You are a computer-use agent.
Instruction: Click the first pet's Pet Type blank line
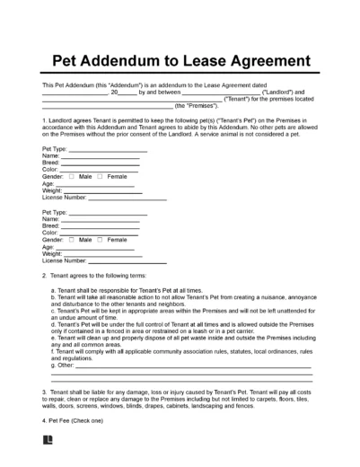105,151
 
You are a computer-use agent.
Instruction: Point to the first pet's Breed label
51,162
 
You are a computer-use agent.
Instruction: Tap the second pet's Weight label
53,254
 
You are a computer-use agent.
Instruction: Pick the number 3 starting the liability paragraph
44,392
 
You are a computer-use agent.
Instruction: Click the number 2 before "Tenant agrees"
44,276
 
